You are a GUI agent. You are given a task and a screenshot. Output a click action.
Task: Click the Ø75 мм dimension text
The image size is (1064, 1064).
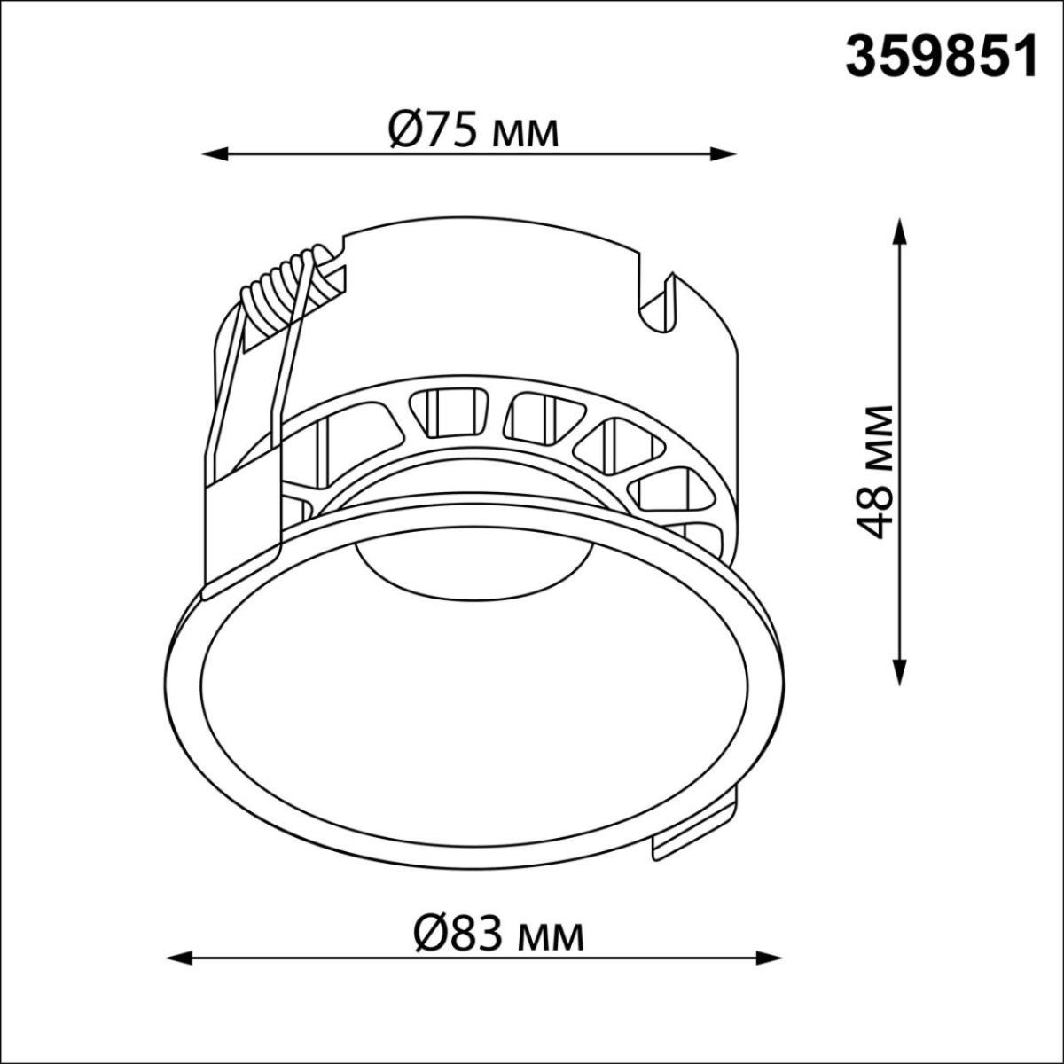pos(473,130)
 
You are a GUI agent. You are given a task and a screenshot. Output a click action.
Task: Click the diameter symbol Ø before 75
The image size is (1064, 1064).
pos(404,130)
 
